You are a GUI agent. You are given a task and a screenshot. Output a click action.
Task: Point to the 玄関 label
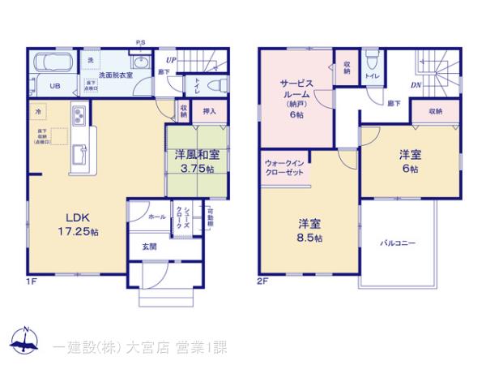(x=151, y=247)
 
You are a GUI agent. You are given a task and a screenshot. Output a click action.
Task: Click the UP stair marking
(x=170, y=59)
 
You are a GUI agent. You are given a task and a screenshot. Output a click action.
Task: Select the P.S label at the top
(x=140, y=43)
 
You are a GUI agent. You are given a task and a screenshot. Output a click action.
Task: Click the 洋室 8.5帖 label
(x=309, y=230)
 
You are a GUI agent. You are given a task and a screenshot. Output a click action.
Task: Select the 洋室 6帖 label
(x=408, y=161)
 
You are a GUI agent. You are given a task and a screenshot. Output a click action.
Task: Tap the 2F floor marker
(x=263, y=281)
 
